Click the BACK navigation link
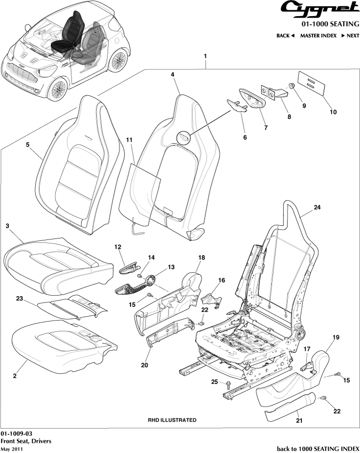coord(285,36)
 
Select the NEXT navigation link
coord(350,36)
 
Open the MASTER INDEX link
coord(318,36)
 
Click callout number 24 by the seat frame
coord(317,207)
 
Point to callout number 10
coord(333,112)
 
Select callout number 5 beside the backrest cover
coord(28,145)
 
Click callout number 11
coord(129,140)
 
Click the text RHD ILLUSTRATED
coord(172,420)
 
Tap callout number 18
coord(201,257)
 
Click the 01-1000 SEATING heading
coord(330,23)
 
